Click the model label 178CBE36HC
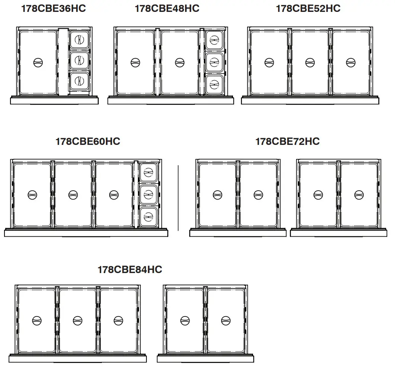coord(54,9)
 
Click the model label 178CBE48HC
coord(167,9)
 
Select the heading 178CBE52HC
coord(308,9)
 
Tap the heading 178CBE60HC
coord(88,142)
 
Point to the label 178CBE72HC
coord(287,142)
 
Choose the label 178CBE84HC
coord(130,270)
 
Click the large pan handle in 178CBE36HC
coord(38,62)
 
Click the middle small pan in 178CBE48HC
coord(214,61)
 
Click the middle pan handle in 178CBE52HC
coord(310,62)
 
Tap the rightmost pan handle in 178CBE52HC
coord(350,62)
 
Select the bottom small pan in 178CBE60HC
coord(149,215)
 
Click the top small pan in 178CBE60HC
coord(149,172)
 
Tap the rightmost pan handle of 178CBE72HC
coord(359,195)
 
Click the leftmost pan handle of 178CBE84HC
coord(37,321)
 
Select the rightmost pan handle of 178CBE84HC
coord(226,321)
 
